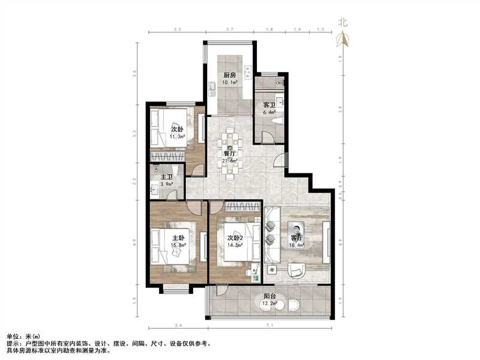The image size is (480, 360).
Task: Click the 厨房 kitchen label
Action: click(229, 75)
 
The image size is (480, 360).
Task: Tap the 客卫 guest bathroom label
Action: click(269, 105)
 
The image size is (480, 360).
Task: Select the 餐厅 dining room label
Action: click(229, 153)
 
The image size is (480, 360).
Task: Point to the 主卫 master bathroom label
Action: click(166, 177)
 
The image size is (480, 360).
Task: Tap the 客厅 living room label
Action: click(296, 238)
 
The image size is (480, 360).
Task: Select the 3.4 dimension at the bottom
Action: click(178, 325)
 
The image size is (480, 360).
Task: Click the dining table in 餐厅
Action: click(229, 153)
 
